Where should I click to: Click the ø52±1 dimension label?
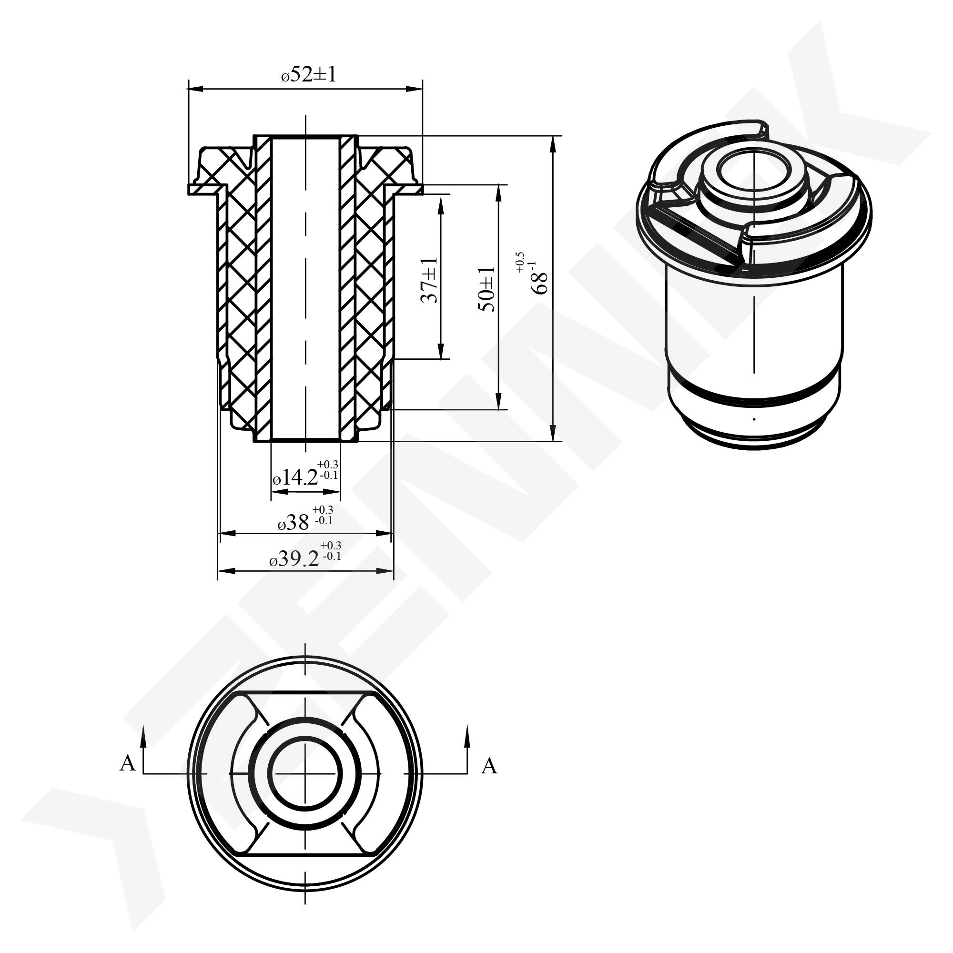[x=309, y=74]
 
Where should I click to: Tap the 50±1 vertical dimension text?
[x=486, y=289]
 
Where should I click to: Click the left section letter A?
[x=127, y=763]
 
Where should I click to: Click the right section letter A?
[x=489, y=766]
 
